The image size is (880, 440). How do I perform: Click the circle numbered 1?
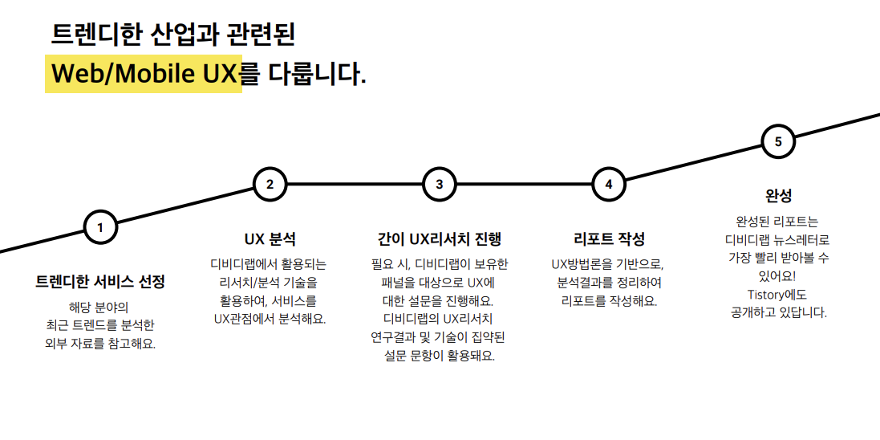click(100, 226)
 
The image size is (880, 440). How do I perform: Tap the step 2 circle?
click(270, 184)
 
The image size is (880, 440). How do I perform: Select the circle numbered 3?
click(439, 184)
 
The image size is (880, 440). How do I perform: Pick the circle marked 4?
click(608, 184)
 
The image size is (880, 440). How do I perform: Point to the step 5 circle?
click(777, 142)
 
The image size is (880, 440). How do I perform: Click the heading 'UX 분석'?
click(270, 238)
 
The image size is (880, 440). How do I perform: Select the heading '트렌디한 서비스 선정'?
click(100, 282)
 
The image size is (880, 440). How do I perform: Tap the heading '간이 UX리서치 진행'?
click(439, 238)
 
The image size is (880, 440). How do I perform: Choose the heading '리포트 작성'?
click(609, 238)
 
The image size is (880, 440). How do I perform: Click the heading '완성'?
click(778, 196)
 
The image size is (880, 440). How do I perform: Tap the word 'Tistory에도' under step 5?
click(777, 294)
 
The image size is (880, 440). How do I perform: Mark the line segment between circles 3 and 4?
click(523, 184)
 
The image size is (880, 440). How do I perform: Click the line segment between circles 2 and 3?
click(354, 184)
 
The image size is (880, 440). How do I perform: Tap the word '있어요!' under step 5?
click(777, 276)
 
